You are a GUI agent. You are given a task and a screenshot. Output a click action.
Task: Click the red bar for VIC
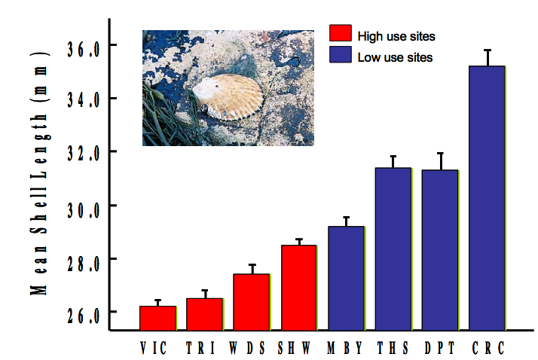coord(157,318)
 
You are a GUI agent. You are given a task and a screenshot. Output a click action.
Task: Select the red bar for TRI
coord(205,314)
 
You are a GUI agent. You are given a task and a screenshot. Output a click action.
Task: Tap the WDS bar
coord(252,302)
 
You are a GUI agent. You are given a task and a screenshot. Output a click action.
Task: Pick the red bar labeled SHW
coord(298,288)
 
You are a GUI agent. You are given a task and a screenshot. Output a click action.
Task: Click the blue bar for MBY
coord(346,278)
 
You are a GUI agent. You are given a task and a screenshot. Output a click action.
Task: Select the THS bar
coord(393,249)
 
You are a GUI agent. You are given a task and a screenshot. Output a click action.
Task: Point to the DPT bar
coord(440,250)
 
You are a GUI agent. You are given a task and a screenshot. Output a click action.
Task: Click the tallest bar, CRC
coord(487,198)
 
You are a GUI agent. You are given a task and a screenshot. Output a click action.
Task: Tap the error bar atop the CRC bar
coord(488,58)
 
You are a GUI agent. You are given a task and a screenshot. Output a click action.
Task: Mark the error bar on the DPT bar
coord(440,161)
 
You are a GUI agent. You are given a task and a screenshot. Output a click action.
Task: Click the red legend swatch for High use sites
coord(341,34)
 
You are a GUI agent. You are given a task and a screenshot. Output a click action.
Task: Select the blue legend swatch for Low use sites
coord(341,55)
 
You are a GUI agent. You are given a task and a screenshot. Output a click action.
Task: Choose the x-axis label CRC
coord(488,349)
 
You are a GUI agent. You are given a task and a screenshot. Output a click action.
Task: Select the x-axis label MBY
coord(346,349)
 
